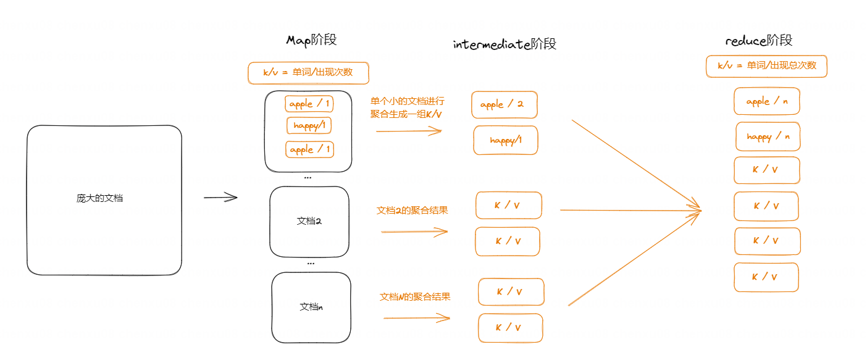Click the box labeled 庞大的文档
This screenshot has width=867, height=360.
click(x=104, y=199)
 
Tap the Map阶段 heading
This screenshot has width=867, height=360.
click(x=311, y=40)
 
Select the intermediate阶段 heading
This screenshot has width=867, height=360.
click(x=505, y=44)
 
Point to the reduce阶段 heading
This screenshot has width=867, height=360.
click(x=758, y=41)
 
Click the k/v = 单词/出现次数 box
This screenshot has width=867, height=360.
click(x=308, y=73)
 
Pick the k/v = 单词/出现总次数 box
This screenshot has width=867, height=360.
click(x=766, y=66)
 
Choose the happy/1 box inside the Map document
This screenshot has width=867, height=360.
click(x=309, y=126)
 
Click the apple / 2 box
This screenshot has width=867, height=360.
click(x=505, y=105)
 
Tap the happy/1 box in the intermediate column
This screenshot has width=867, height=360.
click(x=506, y=140)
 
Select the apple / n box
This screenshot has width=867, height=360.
click(x=766, y=101)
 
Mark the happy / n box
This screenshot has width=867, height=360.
click(x=768, y=136)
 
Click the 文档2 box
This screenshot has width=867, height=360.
click(x=309, y=221)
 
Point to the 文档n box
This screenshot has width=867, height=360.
click(x=311, y=307)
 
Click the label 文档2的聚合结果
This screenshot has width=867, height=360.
click(x=412, y=211)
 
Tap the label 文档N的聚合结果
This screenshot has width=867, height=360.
click(x=415, y=297)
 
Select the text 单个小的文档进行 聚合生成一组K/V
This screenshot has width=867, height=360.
click(x=407, y=107)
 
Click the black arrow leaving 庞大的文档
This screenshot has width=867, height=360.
click(x=220, y=198)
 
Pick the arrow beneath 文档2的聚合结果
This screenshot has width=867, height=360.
click(x=414, y=232)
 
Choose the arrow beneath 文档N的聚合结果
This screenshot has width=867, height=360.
click(x=417, y=318)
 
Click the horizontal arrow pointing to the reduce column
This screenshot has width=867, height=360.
click(x=630, y=211)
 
